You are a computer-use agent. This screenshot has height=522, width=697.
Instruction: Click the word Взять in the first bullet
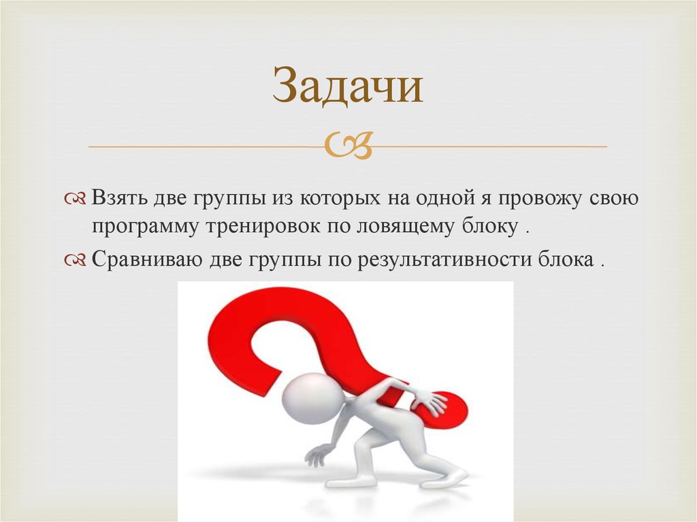(x=117, y=199)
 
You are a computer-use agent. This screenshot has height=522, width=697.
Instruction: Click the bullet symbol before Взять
(x=75, y=199)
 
